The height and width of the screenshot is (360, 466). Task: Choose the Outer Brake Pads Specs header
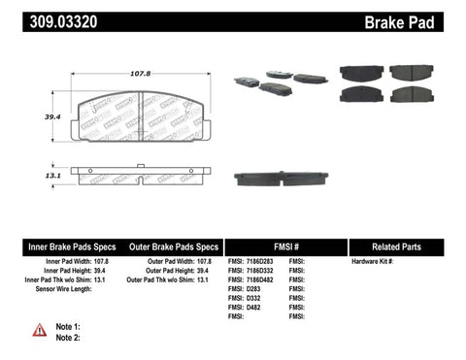167,246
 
